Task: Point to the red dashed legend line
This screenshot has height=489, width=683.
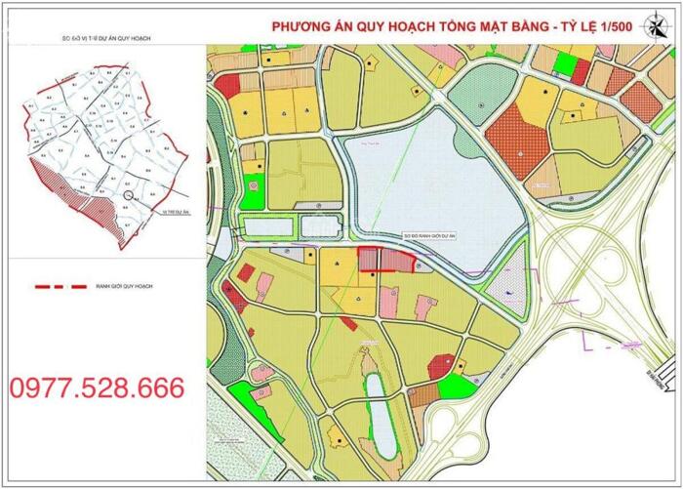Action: (59, 287)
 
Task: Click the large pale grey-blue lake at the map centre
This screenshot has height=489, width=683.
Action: (429, 181)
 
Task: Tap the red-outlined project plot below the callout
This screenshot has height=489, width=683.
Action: (384, 260)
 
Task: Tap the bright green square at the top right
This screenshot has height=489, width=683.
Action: (565, 64)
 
